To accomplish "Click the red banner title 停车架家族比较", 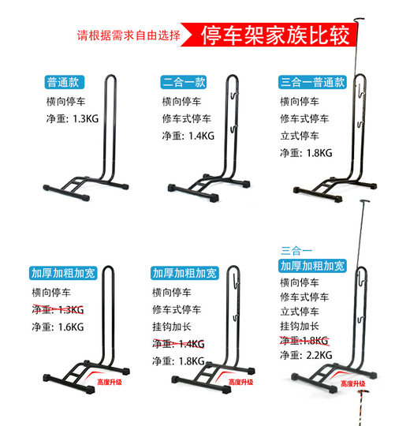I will pyautogui.click(x=274, y=35).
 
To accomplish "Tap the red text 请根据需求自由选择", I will pyautogui.click(x=129, y=35).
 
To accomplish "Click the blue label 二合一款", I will pyautogui.click(x=184, y=82).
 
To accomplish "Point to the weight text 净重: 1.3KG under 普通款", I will pyautogui.click(x=73, y=118).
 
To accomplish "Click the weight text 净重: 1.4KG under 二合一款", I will pyautogui.click(x=188, y=135).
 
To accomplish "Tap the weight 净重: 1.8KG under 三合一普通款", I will pyautogui.click(x=307, y=151).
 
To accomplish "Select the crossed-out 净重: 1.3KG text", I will pyautogui.click(x=58, y=309).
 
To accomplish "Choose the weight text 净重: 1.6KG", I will pyautogui.click(x=58, y=327).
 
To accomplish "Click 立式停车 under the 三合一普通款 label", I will pyautogui.click(x=301, y=135).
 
